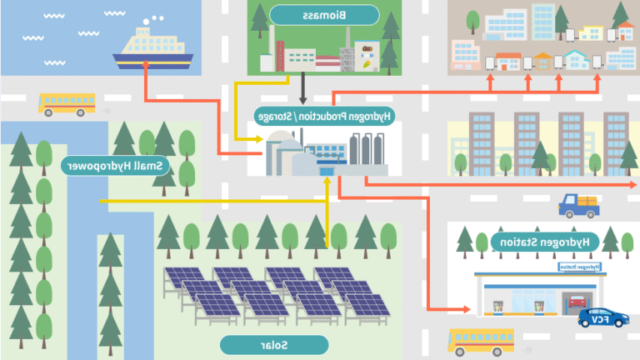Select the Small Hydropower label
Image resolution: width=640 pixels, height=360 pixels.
pos(116,166)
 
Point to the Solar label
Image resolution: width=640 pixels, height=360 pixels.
pos(274,343)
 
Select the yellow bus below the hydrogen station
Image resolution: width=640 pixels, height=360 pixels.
pos(481,340)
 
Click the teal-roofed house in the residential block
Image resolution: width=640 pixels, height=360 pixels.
pos(574,61)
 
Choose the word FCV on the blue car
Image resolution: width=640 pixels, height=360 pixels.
pos(598,317)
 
